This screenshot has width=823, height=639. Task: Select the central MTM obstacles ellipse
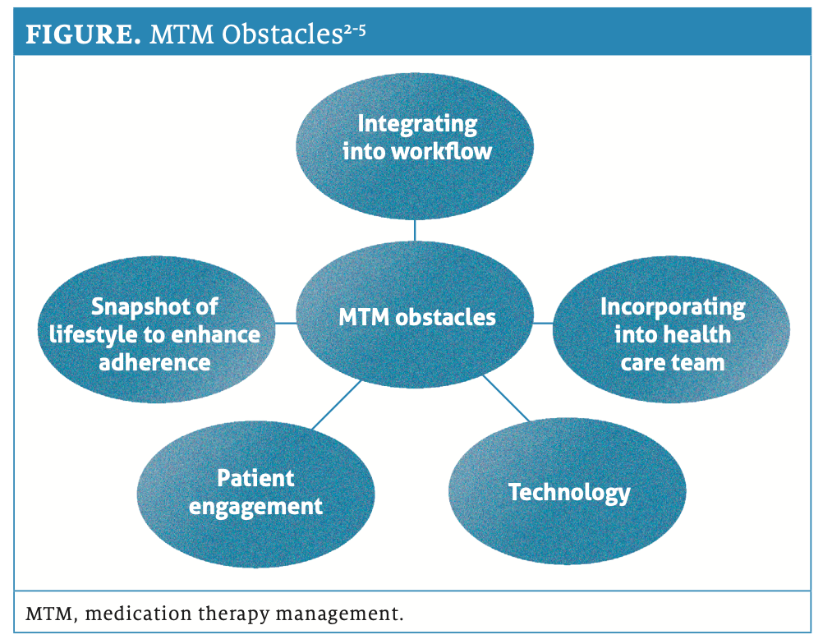(x=416, y=317)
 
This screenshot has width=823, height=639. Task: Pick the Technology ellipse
(x=568, y=493)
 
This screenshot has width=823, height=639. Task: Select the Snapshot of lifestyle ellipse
(x=155, y=333)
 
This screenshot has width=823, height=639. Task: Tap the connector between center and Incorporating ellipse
(x=543, y=323)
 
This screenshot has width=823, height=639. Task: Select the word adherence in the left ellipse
(x=154, y=361)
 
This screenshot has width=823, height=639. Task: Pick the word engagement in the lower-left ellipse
(x=255, y=506)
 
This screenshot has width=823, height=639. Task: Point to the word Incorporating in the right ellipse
(x=672, y=307)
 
